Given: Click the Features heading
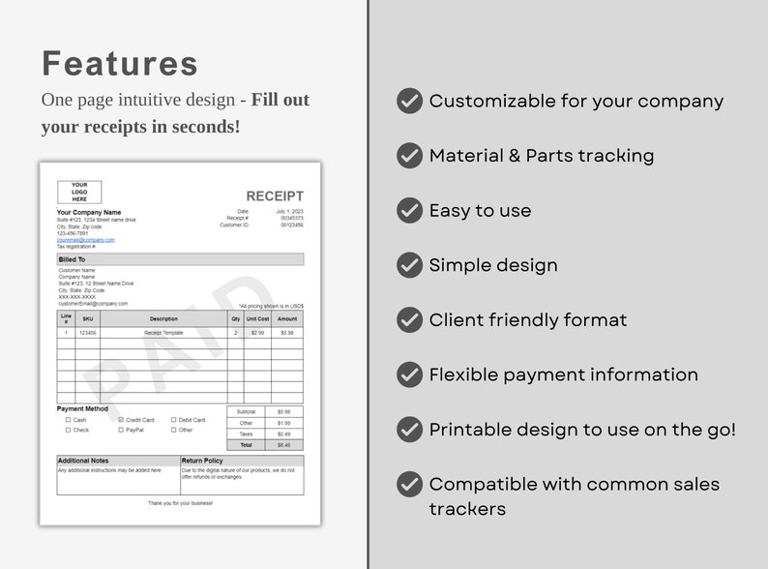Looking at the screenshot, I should pyautogui.click(x=120, y=63).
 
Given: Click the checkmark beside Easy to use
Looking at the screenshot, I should pyautogui.click(x=410, y=210).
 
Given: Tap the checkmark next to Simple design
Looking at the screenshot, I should pyautogui.click(x=410, y=264).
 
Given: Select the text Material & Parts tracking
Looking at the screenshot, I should pyautogui.click(x=542, y=156).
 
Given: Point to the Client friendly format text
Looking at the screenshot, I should pyautogui.click(x=528, y=319).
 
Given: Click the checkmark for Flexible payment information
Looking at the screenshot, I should pyautogui.click(x=410, y=374).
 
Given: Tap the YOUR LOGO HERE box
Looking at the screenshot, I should pyautogui.click(x=79, y=192).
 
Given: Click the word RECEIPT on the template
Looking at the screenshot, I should pyautogui.click(x=275, y=196).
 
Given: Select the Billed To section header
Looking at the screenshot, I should pyautogui.click(x=72, y=259).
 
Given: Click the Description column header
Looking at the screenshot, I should pyautogui.click(x=163, y=318).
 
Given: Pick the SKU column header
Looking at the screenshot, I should pyautogui.click(x=88, y=318).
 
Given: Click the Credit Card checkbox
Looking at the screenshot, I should pyautogui.click(x=121, y=420).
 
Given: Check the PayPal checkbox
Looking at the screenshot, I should pyautogui.click(x=121, y=430).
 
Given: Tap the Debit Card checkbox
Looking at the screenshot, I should pyautogui.click(x=174, y=420).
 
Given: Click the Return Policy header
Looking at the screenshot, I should pyautogui.click(x=202, y=461).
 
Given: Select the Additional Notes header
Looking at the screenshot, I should pyautogui.click(x=83, y=461).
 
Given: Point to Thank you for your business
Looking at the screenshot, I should pyautogui.click(x=180, y=503).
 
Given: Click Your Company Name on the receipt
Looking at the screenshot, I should pyautogui.click(x=89, y=212).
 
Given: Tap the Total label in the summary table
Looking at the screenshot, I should pyautogui.click(x=247, y=445).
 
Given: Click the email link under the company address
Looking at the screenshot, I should pyautogui.click(x=86, y=240).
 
